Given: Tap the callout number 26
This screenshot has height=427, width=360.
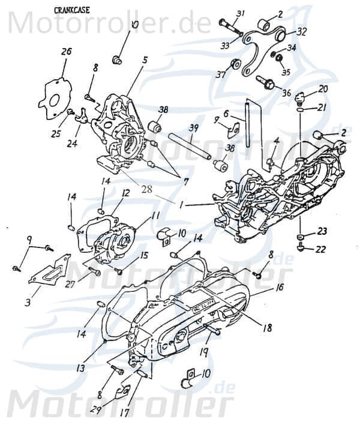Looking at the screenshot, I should pyautogui.click(x=66, y=52).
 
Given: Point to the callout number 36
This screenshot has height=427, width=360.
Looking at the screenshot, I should pyautogui.click(x=286, y=92).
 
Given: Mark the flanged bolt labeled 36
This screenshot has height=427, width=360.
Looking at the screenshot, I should pyautogui.click(x=266, y=82).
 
